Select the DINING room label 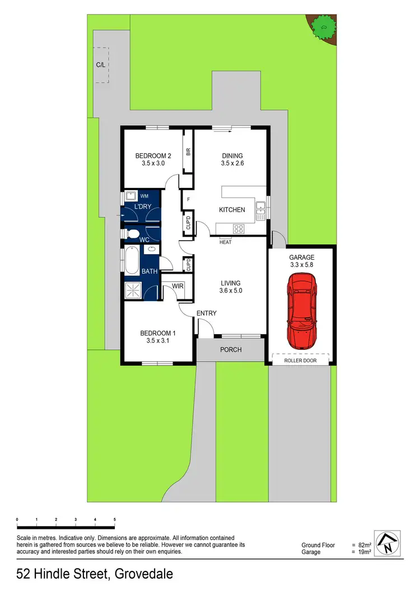(x=232, y=156)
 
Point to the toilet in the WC (x=132, y=233)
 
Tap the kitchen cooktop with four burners (x=239, y=228)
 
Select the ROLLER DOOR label (x=301, y=361)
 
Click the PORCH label (x=230, y=350)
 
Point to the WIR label (x=178, y=287)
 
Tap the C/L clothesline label (x=100, y=65)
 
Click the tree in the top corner (x=321, y=25)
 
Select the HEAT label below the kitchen (x=225, y=242)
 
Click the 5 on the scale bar (x=114, y=519)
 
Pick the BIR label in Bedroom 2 (x=189, y=151)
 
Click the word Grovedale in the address (x=143, y=574)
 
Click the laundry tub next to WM (x=131, y=196)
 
